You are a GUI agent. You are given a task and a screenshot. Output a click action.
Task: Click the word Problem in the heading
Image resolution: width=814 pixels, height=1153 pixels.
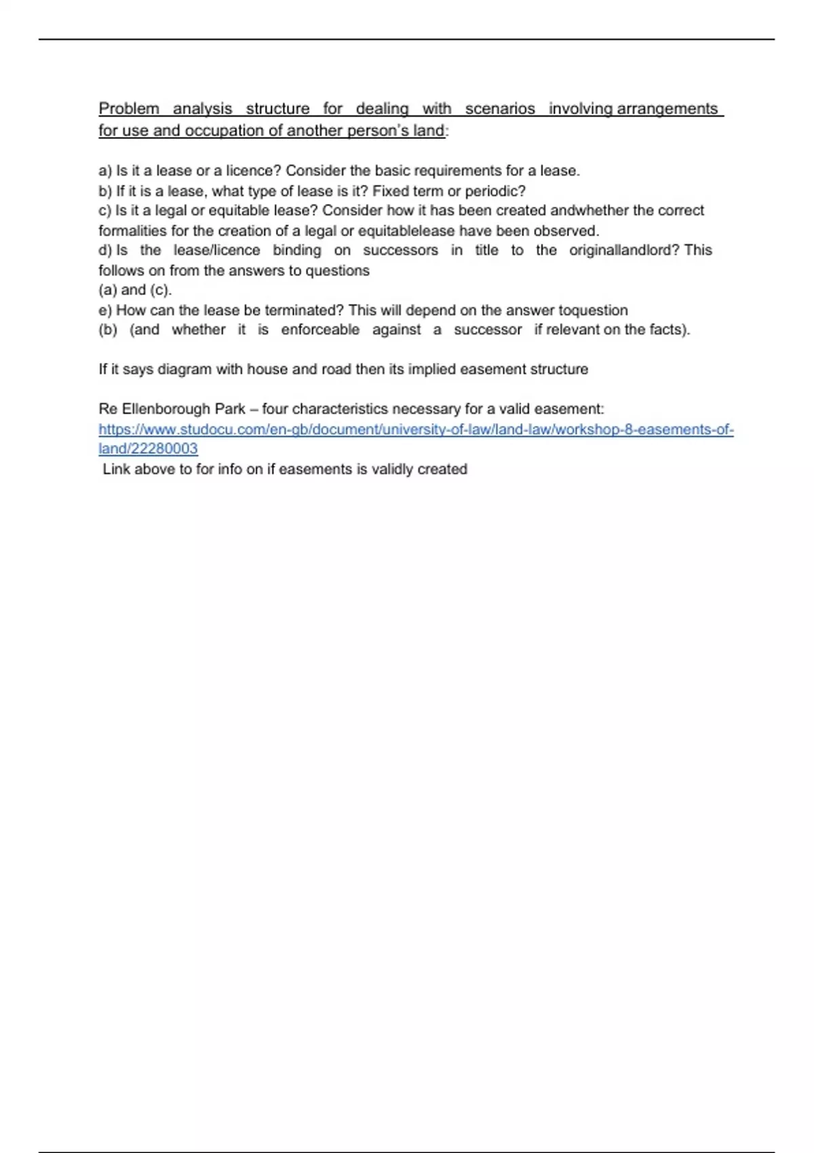click(129, 109)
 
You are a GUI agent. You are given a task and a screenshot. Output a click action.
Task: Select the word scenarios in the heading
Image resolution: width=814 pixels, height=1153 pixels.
click(500, 109)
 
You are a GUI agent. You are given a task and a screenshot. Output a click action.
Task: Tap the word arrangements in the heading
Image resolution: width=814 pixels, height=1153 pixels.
click(667, 109)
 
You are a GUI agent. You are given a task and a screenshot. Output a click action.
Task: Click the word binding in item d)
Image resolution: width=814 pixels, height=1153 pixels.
click(297, 250)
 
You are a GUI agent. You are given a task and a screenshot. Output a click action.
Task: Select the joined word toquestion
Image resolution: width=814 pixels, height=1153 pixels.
click(593, 310)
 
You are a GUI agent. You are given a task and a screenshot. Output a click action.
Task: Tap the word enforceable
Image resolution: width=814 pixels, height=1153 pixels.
click(320, 330)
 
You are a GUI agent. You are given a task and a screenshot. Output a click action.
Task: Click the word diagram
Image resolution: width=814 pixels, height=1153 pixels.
click(180, 370)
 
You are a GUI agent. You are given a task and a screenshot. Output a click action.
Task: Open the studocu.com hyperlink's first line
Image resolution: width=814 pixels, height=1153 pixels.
click(416, 429)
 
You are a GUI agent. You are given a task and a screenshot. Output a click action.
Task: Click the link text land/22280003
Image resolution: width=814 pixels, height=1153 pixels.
click(148, 449)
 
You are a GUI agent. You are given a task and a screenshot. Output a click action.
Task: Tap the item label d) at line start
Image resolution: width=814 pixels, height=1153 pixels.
click(105, 250)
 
